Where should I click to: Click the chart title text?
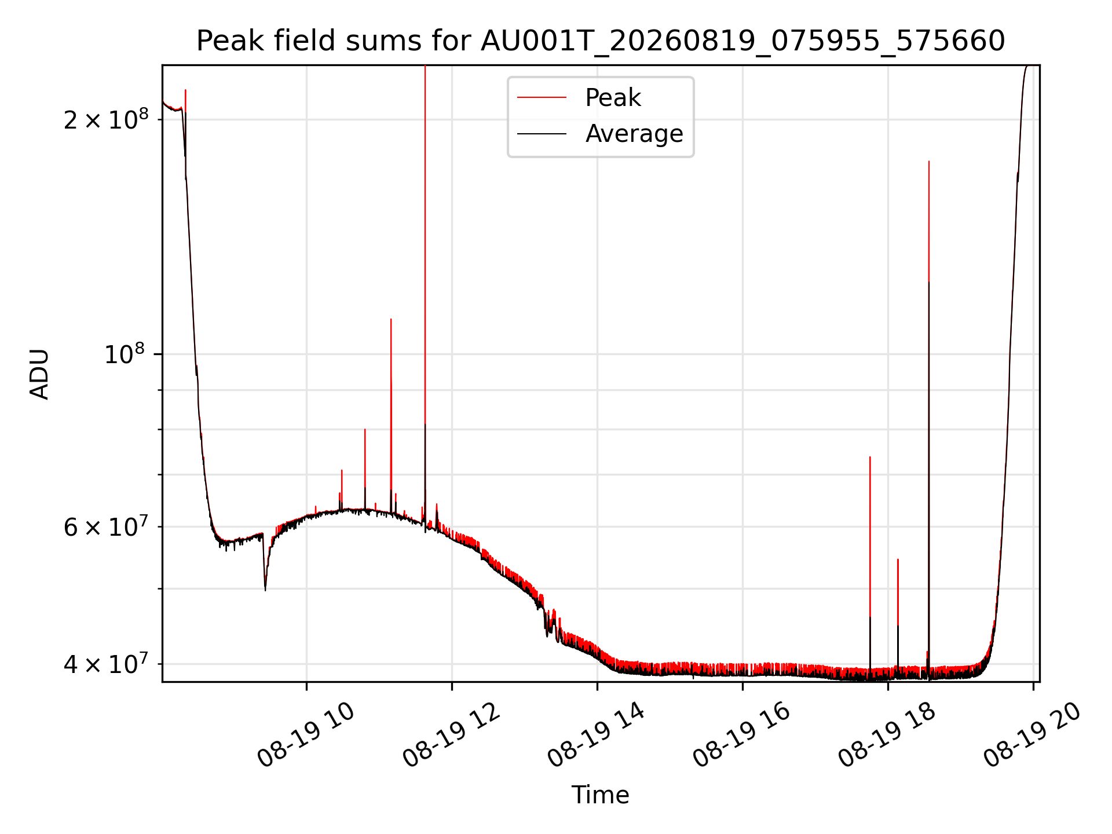(x=601, y=41)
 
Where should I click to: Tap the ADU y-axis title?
(x=39, y=374)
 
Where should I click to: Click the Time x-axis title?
(x=601, y=795)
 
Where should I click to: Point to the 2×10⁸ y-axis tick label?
(x=106, y=119)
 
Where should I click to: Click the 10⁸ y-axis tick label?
(x=126, y=353)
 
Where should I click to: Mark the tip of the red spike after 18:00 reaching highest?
(x=929, y=162)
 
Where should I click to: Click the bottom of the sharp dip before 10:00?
(x=265, y=590)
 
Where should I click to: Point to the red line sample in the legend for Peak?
(x=542, y=97)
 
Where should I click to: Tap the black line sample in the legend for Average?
(x=542, y=134)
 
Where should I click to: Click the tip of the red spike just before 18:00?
(x=870, y=457)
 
